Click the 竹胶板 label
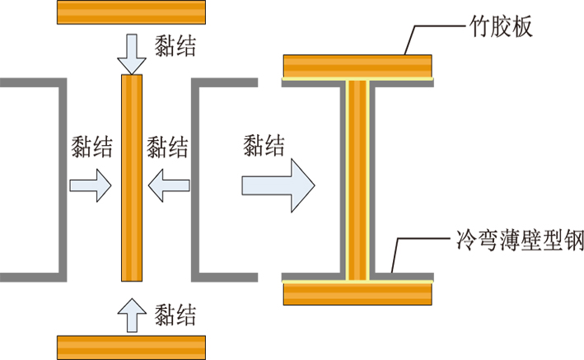click(x=501, y=26)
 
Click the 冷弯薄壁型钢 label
click(x=521, y=239)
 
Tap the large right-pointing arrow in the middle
click(x=278, y=185)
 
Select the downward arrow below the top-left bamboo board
click(x=132, y=54)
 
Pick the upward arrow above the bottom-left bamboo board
click(x=132, y=316)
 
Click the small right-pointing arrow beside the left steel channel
click(x=91, y=185)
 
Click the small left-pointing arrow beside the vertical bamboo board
click(x=169, y=185)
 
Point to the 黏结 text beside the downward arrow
click(x=175, y=46)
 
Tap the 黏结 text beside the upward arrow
click(x=175, y=316)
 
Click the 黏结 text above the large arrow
click(x=264, y=145)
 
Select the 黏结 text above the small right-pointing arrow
click(x=91, y=147)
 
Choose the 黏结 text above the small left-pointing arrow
click(x=167, y=147)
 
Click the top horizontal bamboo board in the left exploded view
click(x=131, y=12)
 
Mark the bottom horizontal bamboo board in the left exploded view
click(x=131, y=348)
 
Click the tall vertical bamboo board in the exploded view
click(x=132, y=178)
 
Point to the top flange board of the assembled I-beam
click(x=357, y=67)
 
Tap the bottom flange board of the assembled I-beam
click(x=357, y=294)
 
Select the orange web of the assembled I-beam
click(x=357, y=180)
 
